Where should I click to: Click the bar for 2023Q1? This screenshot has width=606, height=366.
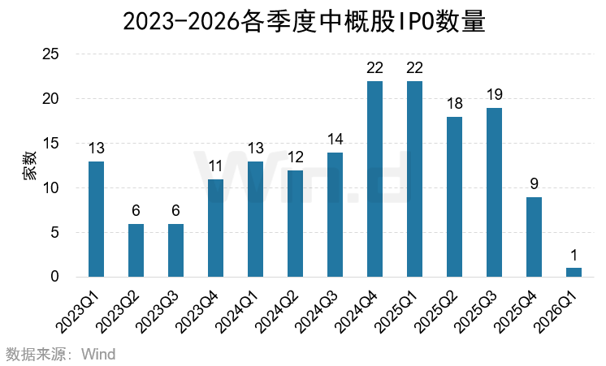(x=96, y=219)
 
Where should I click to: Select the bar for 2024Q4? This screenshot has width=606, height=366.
(x=374, y=179)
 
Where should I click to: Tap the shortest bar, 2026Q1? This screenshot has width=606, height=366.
(x=574, y=272)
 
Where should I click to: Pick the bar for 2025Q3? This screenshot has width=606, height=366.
(x=494, y=192)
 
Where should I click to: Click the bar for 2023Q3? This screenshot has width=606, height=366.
(x=175, y=250)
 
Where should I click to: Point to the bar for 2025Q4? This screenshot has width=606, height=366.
(x=534, y=237)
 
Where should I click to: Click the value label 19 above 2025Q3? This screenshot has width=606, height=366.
(x=494, y=95)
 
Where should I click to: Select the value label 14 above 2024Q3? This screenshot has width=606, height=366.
(x=335, y=140)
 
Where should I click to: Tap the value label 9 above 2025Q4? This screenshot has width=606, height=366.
(x=534, y=184)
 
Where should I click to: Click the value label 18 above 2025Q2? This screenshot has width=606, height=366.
(x=454, y=104)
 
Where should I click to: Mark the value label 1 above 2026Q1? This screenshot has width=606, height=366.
(x=574, y=256)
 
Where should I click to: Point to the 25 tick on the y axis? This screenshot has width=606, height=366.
(x=51, y=54)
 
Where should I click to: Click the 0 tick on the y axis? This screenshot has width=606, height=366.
(x=55, y=277)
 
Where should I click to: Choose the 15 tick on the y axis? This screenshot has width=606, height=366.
(x=51, y=144)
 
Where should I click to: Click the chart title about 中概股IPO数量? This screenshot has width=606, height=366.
(x=303, y=21)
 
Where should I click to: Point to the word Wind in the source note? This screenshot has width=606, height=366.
(x=99, y=354)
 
